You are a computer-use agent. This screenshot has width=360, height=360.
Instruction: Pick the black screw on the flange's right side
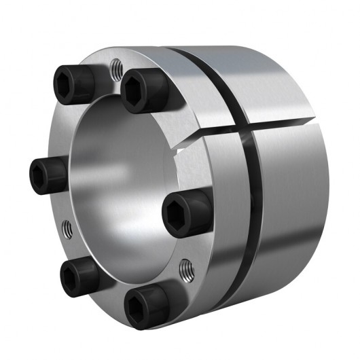183,211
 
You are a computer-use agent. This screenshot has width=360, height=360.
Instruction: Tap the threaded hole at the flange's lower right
185,271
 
